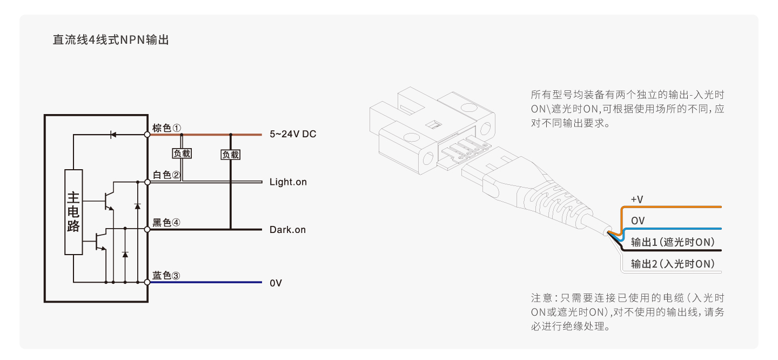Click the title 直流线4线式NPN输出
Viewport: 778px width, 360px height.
(110, 40)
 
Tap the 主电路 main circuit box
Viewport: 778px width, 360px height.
(73, 212)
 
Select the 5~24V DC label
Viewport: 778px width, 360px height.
(292, 135)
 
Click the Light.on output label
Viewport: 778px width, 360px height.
(287, 182)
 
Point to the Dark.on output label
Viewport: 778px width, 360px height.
(287, 230)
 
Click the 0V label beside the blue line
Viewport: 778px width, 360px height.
(276, 283)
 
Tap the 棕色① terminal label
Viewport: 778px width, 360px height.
(166, 128)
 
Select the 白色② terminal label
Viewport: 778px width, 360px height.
(166, 175)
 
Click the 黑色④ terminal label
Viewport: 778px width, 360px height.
(166, 223)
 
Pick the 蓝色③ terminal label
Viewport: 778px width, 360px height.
(166, 276)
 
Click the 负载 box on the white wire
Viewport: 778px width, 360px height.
(182, 154)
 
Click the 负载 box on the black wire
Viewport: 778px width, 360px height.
(231, 155)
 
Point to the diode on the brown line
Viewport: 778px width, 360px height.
(113, 135)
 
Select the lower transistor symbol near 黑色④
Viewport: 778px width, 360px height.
(100, 241)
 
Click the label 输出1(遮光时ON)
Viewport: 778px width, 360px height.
(673, 243)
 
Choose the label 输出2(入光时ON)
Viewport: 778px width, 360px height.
(673, 264)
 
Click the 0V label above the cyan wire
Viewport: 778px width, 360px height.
(638, 221)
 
